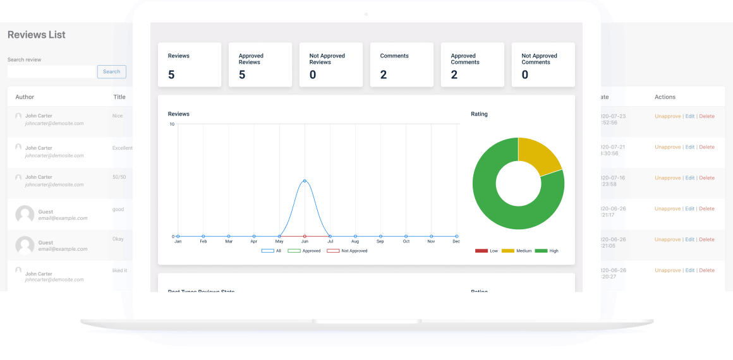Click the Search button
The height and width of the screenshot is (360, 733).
(x=111, y=72)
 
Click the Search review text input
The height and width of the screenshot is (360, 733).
(x=51, y=72)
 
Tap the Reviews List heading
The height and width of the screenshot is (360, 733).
(x=37, y=35)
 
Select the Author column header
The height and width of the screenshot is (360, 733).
(x=25, y=97)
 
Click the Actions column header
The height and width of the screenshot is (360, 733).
(x=665, y=97)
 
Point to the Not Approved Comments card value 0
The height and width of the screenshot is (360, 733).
(x=525, y=75)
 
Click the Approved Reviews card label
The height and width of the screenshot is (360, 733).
(x=250, y=59)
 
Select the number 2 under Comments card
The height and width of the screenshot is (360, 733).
(x=384, y=75)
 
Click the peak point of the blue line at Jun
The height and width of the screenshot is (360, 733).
(x=305, y=181)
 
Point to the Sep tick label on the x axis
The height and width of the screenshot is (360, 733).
(x=380, y=241)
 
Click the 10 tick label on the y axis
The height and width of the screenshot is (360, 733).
(x=172, y=124)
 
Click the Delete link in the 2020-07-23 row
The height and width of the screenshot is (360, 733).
(x=706, y=116)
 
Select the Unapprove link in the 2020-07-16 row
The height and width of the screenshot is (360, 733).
(x=667, y=178)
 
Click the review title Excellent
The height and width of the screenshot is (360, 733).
(x=123, y=148)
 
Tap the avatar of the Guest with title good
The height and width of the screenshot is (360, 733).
(x=25, y=215)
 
